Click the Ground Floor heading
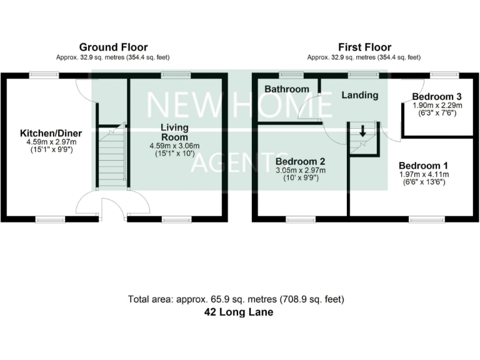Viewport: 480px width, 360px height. (113, 47)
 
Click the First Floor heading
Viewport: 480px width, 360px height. (364, 47)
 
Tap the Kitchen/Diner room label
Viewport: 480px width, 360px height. (51, 133)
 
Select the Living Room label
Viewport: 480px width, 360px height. (174, 132)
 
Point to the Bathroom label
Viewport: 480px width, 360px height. (287, 89)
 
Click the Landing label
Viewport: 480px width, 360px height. (360, 96)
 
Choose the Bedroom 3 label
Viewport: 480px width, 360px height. (437, 97)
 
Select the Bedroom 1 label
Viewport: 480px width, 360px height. (425, 166)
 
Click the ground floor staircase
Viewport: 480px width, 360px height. (112, 156)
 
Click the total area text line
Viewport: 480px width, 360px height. (236, 299)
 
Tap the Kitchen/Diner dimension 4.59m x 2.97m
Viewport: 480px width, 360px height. (51, 142)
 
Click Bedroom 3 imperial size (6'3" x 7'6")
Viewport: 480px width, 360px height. (437, 114)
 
